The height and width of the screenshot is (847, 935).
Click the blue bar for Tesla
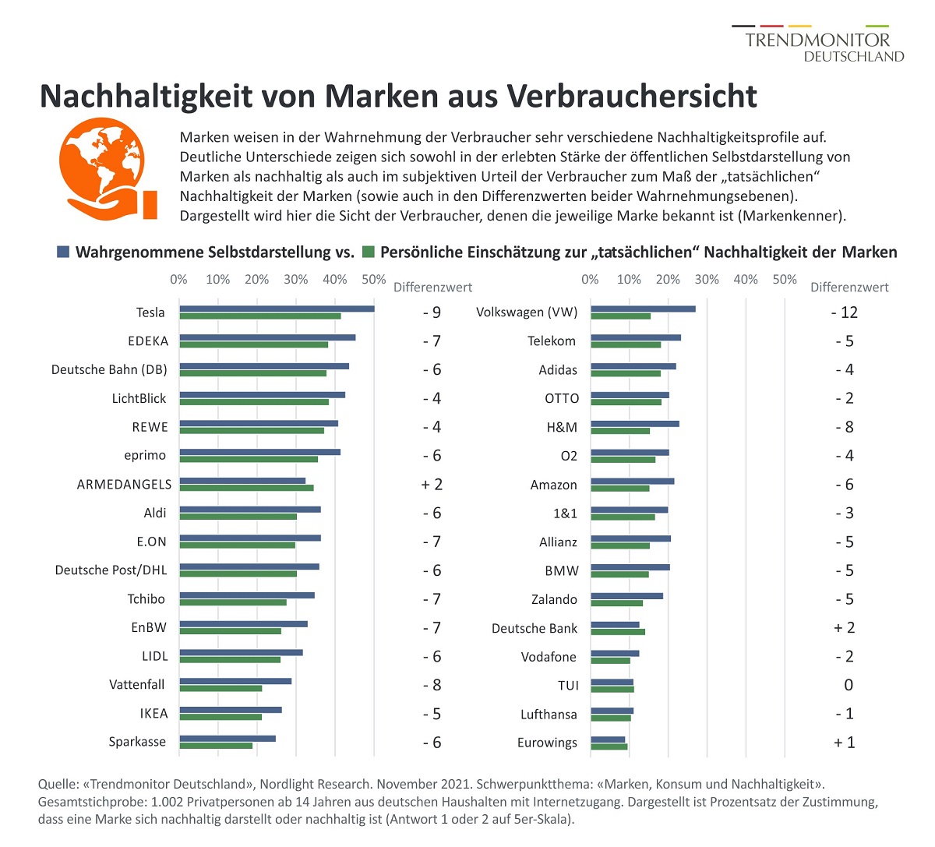pos(277,309)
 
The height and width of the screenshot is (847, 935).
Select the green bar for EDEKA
pos(253,344)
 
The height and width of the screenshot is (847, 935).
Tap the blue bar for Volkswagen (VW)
pos(643,309)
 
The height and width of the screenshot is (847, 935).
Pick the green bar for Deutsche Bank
pos(618,632)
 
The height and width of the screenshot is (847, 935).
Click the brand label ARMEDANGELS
pos(124,485)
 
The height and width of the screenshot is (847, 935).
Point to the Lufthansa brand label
pos(549,715)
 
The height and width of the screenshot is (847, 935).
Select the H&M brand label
pos(562,427)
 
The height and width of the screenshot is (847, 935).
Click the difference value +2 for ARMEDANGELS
pos(432,485)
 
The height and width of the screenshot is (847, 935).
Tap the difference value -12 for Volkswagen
pos(844,312)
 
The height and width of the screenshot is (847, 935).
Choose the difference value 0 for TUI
pos(849,685)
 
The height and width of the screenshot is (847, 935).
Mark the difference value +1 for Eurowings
pos(844,743)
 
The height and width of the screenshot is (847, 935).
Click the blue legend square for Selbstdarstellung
pos(63,252)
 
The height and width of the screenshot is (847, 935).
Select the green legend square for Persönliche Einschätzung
pos(369,252)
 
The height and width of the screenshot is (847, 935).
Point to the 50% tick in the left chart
pos(374,280)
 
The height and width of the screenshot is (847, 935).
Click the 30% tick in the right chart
pos(707,280)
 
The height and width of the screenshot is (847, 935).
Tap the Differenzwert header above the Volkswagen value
pos(849,288)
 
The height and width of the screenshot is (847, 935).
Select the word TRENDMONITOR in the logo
pos(817,41)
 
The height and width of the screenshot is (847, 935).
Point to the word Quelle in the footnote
pos(58,784)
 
